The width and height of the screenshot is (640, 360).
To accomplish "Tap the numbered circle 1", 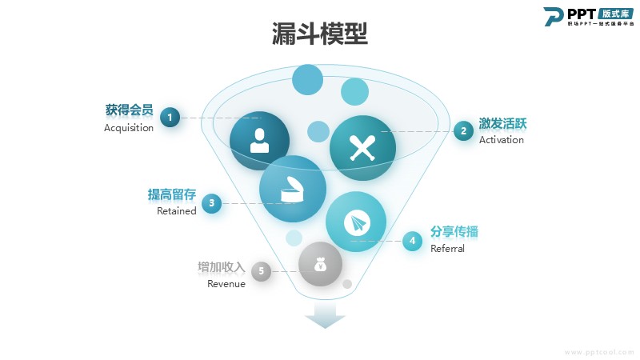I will click(170, 118).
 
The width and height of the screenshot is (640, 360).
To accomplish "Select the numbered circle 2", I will click(463, 130).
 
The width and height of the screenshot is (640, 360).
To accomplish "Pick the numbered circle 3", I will click(211, 203).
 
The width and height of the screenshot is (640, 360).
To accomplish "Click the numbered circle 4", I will click(412, 240).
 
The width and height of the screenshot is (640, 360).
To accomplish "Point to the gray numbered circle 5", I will click(261, 272).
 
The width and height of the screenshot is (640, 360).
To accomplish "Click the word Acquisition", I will click(129, 128).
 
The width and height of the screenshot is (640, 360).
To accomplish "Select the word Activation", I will click(502, 140).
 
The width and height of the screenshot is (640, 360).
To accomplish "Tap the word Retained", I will click(176, 211).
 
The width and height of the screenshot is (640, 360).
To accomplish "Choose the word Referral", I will click(447, 249).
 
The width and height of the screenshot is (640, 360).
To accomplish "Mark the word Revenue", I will click(226, 284).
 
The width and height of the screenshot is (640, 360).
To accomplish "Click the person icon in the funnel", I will click(259, 140).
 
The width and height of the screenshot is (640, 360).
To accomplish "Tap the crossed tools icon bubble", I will click(362, 148).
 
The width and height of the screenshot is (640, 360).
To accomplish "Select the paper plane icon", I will click(356, 223).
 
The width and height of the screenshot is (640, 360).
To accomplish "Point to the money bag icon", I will click(320, 264).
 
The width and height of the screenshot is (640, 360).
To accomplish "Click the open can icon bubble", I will click(292, 190).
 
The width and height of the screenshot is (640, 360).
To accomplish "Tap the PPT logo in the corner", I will click(590, 16).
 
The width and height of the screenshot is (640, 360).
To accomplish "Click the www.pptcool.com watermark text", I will click(599, 351).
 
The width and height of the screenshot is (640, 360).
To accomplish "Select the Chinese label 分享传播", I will click(459, 232).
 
